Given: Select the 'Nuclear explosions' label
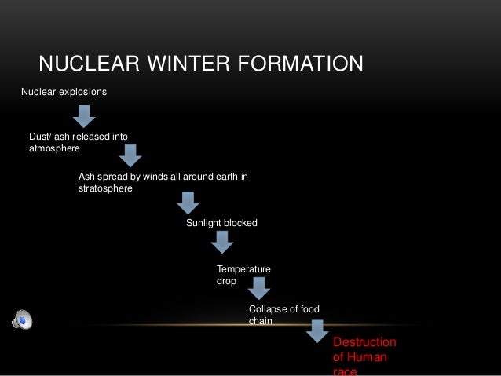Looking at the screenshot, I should pyautogui.click(x=64, y=92).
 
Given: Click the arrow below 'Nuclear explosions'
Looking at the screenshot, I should pyautogui.click(x=84, y=115).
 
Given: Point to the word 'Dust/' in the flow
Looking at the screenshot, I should pyautogui.click(x=41, y=136).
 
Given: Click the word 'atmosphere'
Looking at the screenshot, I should pyautogui.click(x=54, y=148).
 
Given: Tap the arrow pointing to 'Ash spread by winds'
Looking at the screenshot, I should pyautogui.click(x=129, y=155).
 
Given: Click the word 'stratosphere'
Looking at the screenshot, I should pyautogui.click(x=106, y=189).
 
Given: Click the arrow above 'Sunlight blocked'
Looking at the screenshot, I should pyautogui.click(x=187, y=203).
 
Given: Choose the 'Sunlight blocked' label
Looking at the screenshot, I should pyautogui.click(x=221, y=224).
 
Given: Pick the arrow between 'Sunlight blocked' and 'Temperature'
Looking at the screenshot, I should pyautogui.click(x=222, y=242).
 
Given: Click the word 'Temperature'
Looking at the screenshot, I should pyautogui.click(x=243, y=269).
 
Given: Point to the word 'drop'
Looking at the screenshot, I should pyautogui.click(x=226, y=281).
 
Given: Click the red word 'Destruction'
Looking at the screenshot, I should pyautogui.click(x=365, y=343).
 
